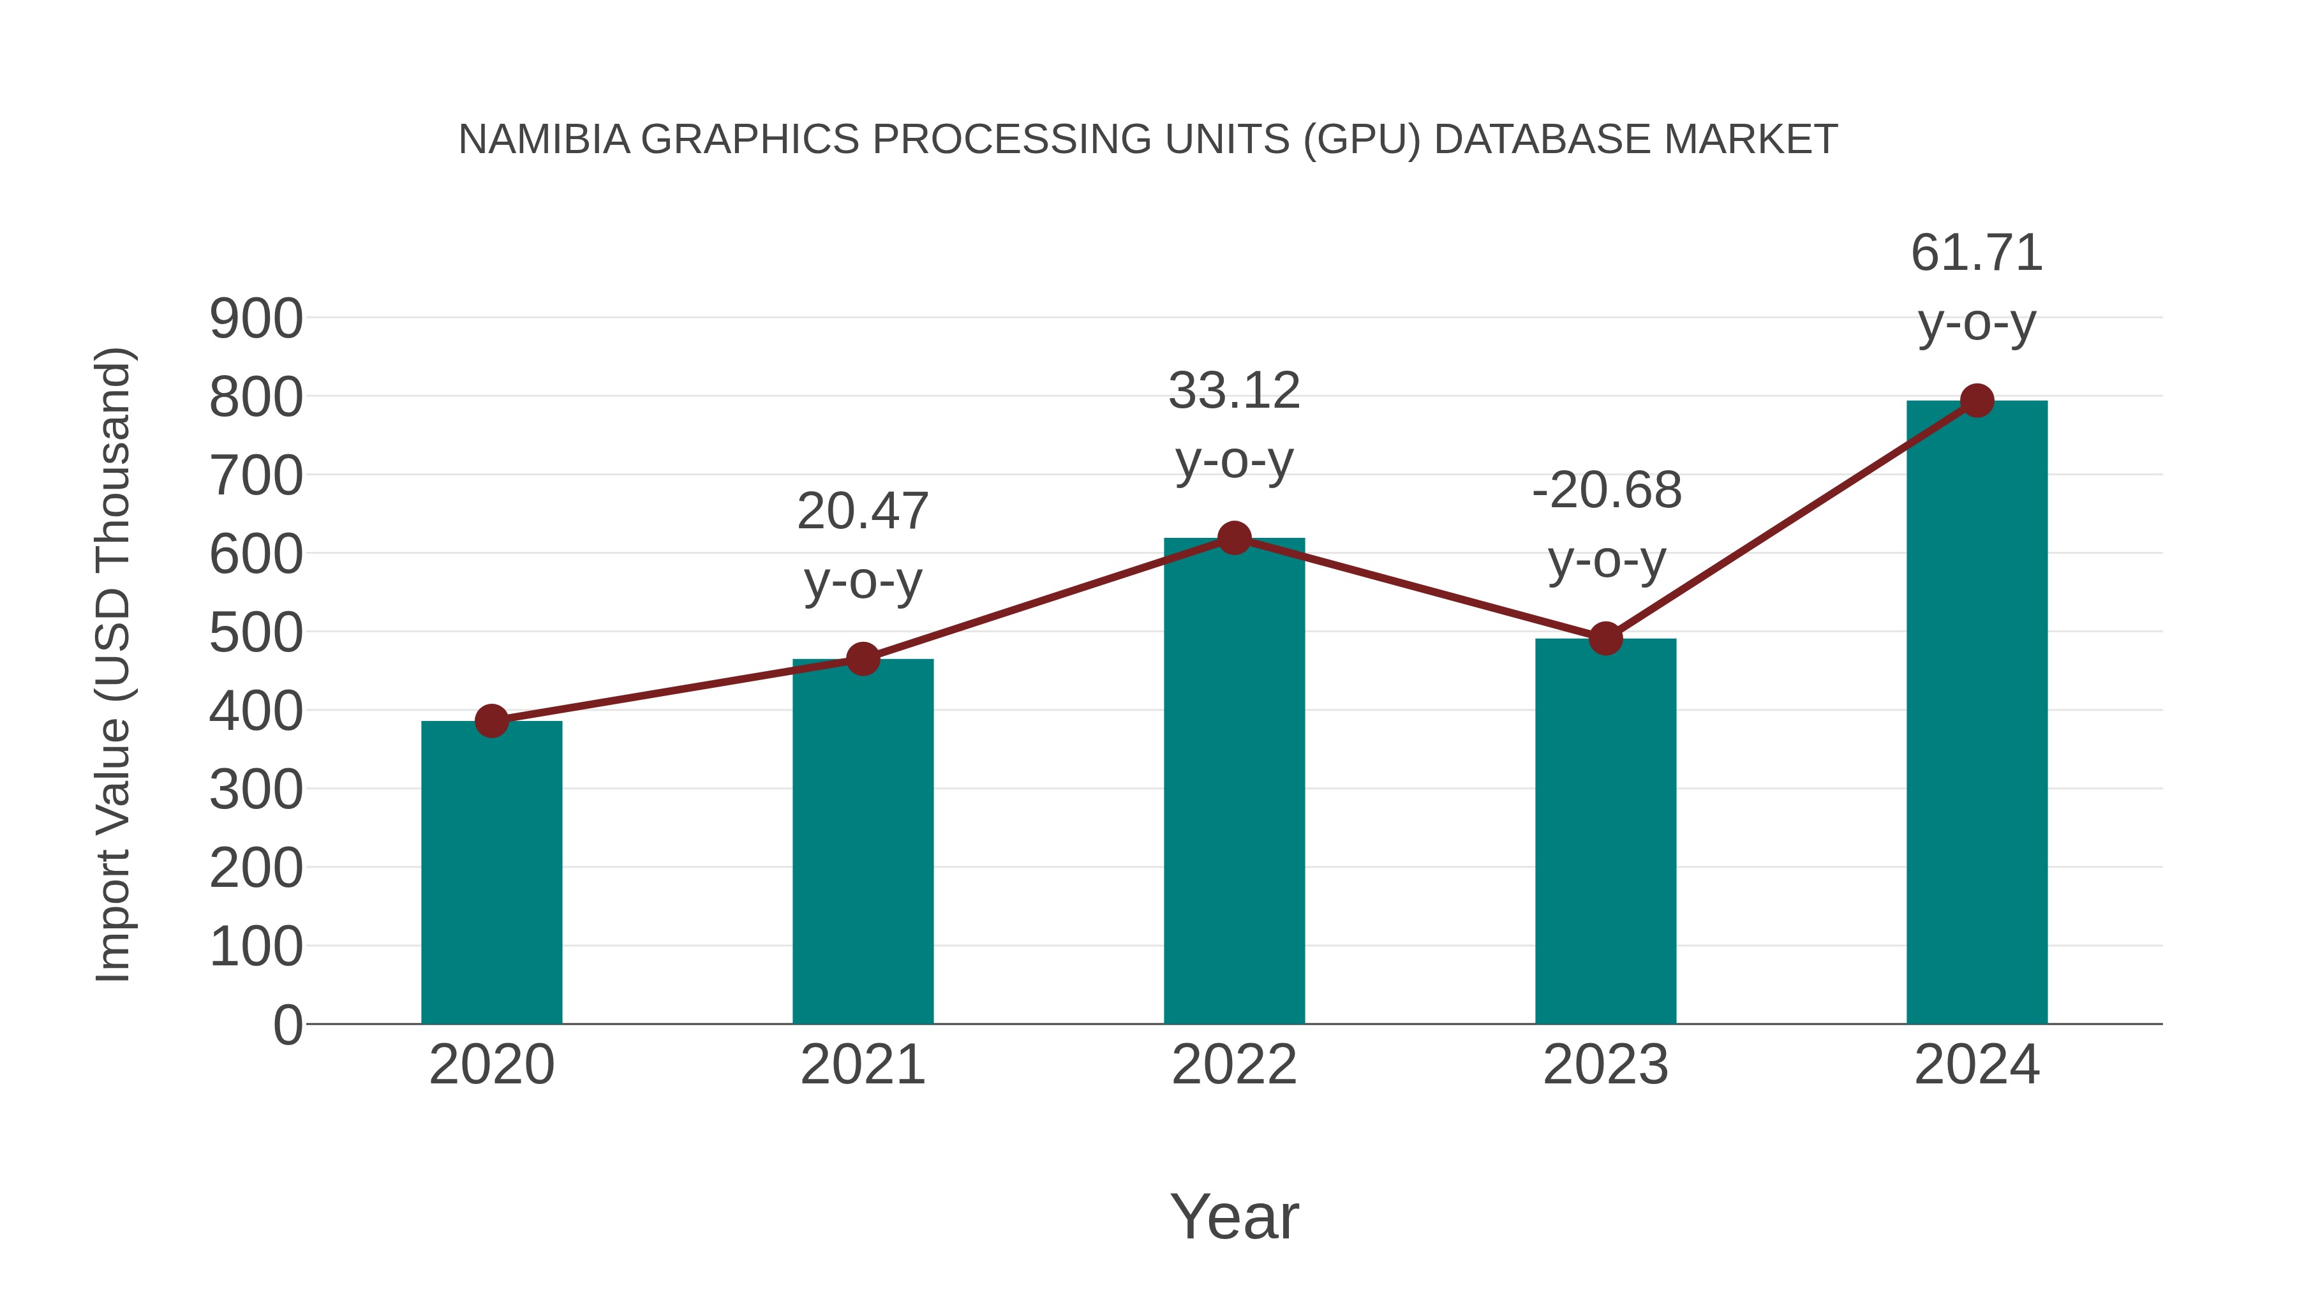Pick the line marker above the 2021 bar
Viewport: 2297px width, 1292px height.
point(862,659)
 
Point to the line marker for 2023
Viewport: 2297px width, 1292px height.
point(1605,639)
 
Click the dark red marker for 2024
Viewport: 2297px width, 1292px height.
point(1977,400)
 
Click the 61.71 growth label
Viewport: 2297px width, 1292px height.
point(1977,253)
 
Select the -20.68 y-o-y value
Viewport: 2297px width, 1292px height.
point(1607,491)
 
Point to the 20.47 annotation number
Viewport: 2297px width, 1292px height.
point(862,512)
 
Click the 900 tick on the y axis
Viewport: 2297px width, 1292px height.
point(256,319)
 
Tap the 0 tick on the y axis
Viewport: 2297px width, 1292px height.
point(287,1025)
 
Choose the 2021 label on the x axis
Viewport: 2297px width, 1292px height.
point(862,1065)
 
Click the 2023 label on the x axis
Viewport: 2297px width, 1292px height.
point(1605,1065)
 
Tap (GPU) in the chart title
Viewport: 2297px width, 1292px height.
point(1362,140)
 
